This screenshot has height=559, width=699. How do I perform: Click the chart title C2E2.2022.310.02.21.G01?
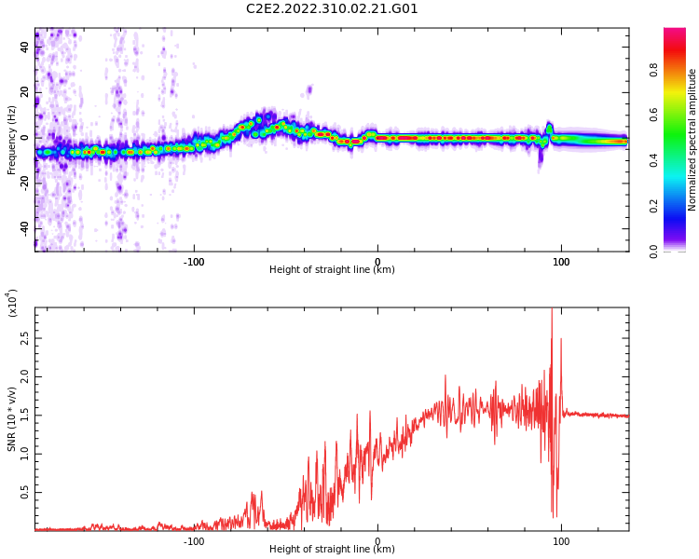tap(332, 8)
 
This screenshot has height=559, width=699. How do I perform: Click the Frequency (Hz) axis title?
tap(11, 140)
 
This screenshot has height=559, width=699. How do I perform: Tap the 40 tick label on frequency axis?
tap(25, 48)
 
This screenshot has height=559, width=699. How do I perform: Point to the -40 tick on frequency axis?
tap(25, 228)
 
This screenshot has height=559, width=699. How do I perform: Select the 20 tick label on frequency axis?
tap(25, 92)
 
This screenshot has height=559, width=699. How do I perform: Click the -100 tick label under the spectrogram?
tap(194, 262)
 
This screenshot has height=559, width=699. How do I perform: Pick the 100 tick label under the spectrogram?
tap(561, 262)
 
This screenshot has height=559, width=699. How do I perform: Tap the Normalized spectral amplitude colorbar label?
tap(692, 140)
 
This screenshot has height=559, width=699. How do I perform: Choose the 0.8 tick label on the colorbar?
tap(653, 71)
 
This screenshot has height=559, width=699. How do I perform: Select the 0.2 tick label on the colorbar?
tap(653, 207)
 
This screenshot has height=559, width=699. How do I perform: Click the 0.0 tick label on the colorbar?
tap(653, 252)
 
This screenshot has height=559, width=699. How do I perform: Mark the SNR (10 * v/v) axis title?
tap(11, 419)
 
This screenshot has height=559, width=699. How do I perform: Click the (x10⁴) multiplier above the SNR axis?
tap(11, 303)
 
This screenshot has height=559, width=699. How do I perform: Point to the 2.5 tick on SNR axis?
tap(25, 338)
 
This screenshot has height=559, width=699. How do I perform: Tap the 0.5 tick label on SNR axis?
tap(25, 493)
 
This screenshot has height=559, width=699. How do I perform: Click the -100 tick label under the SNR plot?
tap(194, 541)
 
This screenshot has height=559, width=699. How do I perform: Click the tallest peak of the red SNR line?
tap(552, 309)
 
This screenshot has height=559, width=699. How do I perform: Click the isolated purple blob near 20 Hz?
tap(308, 90)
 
